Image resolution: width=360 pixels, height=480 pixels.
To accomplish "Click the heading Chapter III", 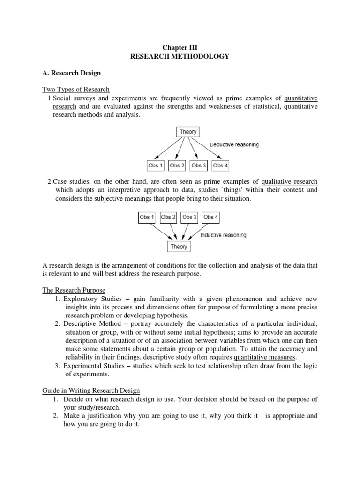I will tap(180, 48).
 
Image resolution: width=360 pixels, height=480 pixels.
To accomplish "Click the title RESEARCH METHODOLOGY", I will tap(180, 56).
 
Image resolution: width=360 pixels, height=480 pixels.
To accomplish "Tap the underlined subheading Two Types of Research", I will tap(76, 90).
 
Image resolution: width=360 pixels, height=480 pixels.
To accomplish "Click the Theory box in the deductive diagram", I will tap(188, 132).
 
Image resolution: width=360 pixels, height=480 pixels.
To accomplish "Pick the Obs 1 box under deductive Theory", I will tap(156, 165).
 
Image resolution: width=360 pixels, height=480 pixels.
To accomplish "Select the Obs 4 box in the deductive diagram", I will tap(220, 165).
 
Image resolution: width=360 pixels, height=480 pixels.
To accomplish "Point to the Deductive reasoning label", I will tap(234, 145).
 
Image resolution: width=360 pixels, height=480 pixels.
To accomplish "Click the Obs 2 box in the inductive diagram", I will tap(168, 217).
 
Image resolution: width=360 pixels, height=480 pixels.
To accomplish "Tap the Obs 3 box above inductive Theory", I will tap(190, 217).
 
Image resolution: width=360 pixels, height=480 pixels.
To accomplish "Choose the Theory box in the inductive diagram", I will tap(179, 247).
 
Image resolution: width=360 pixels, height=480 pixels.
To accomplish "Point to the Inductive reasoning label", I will tap(223, 235).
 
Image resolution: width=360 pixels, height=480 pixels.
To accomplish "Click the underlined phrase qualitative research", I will tap(289, 182).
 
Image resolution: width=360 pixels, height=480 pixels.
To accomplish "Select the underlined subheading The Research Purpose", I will tap(74, 290).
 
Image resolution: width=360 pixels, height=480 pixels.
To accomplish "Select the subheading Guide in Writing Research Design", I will tap(91, 390).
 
